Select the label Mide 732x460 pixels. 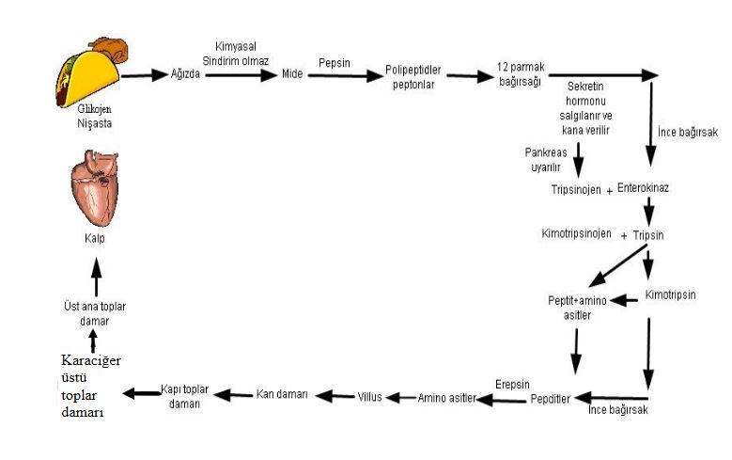[x=292, y=74]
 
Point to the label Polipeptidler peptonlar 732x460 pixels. [x=413, y=76]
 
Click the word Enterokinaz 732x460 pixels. [x=643, y=189]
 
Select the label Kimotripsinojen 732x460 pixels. [x=576, y=233]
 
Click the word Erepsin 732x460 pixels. [x=512, y=383]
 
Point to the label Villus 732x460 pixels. [x=369, y=398]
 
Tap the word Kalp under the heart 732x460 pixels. [x=94, y=239]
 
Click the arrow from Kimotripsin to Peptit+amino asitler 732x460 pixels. [x=626, y=301]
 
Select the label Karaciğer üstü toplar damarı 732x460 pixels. [x=91, y=387]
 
